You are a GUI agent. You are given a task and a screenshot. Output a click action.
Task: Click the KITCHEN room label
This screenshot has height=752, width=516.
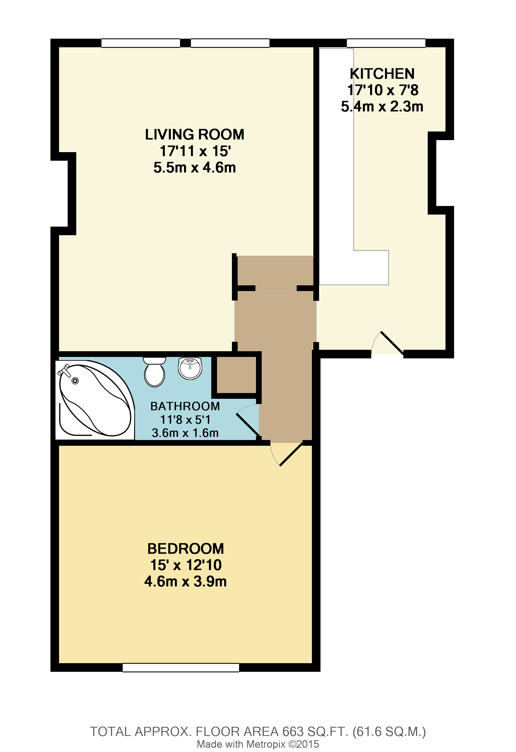382,74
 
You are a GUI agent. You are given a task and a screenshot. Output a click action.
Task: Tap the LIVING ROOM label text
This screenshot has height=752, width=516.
195,135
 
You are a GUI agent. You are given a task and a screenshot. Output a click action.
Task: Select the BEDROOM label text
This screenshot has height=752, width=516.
185,549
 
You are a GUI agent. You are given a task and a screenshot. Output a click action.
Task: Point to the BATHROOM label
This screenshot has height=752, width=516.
185,406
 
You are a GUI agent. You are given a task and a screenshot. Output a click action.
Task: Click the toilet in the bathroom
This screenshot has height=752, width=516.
155,372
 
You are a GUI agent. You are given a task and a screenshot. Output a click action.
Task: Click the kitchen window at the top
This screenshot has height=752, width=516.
386,43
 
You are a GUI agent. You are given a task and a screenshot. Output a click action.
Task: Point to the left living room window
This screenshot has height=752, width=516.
140,43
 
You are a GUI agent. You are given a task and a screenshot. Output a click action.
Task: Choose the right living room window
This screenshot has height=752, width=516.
230,43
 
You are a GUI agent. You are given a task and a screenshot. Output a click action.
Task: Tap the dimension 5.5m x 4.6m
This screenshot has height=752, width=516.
195,168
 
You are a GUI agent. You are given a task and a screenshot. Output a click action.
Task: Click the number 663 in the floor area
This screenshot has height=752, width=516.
293,732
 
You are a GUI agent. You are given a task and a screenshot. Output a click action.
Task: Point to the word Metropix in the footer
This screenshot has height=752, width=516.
266,744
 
